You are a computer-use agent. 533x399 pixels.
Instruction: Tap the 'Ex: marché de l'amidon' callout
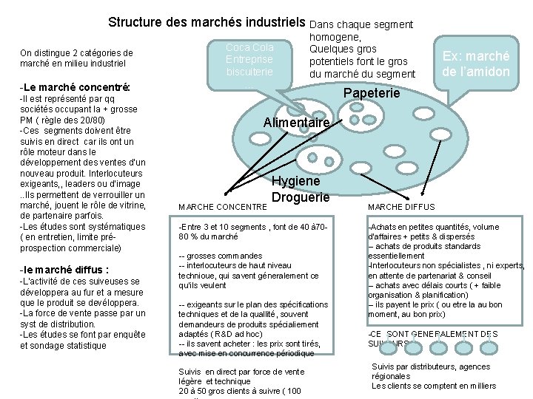(475, 64)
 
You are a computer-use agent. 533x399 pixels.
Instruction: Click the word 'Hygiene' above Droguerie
(296, 181)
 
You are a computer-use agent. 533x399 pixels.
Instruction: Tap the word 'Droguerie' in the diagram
(300, 198)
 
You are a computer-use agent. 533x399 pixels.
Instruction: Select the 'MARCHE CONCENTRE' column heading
(222, 207)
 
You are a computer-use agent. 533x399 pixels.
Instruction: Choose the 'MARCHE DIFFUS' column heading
(401, 207)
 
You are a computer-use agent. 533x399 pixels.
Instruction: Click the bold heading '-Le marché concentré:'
(76, 87)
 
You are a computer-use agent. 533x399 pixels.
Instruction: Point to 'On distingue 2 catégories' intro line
(77, 52)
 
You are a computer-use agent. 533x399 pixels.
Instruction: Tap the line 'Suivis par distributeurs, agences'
(430, 366)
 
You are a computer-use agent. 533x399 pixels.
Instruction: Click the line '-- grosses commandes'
(221, 256)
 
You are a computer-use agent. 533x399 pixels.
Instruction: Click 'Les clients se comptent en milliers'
(434, 386)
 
